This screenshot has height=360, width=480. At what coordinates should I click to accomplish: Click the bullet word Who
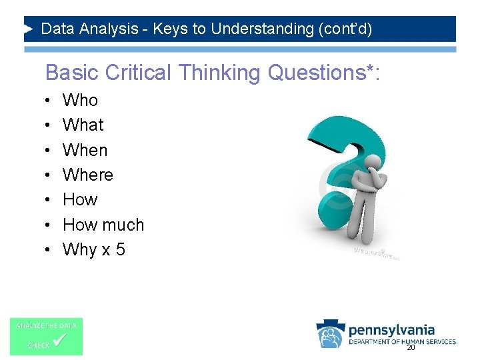click(80, 100)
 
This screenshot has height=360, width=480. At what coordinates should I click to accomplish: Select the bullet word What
click(83, 125)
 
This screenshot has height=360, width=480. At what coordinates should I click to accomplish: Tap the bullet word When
click(85, 150)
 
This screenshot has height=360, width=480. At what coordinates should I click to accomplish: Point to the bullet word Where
click(88, 175)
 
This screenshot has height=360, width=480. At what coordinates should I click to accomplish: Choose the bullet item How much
click(103, 225)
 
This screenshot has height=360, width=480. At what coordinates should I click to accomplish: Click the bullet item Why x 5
click(94, 249)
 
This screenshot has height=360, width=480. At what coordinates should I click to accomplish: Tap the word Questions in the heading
click(313, 73)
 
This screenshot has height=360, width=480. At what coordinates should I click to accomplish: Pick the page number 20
click(411, 348)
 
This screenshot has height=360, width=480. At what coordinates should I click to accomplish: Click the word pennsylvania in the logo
click(392, 330)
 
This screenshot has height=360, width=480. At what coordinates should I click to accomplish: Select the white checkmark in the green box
click(59, 341)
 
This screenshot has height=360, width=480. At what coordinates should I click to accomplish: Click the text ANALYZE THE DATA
click(46, 325)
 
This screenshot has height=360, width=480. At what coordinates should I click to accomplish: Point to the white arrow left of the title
click(28, 29)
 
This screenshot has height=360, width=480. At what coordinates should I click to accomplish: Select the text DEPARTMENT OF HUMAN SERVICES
click(402, 342)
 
